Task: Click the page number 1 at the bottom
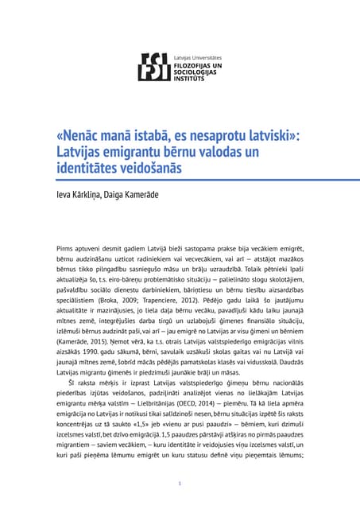pos(180,484)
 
